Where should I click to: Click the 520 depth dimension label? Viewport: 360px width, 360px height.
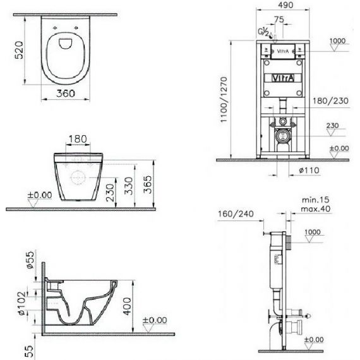coord(19,50)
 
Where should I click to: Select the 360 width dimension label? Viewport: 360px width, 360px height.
coord(66,93)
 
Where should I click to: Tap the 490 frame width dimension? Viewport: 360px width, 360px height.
coord(285,5)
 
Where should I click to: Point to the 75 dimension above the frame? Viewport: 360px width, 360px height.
coord(279,20)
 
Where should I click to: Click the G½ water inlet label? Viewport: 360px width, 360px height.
coord(263,32)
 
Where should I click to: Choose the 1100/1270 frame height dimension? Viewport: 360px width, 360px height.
coord(224,100)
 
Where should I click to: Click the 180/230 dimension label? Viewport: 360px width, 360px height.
coord(330,100)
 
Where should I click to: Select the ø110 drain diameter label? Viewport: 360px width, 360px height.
coord(309,171)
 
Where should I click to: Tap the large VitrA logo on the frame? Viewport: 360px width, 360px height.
coord(283,78)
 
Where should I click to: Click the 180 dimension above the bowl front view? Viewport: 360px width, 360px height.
coord(78,139)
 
